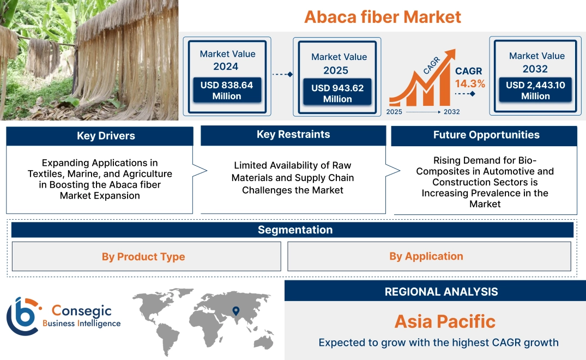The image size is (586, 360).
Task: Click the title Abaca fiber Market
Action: point(382,17)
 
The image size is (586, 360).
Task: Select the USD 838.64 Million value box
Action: point(226,91)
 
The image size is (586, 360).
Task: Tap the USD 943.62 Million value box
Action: point(337,93)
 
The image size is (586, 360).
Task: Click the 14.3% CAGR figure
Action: point(470,84)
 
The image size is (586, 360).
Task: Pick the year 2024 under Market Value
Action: point(226,67)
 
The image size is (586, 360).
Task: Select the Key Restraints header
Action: point(293,135)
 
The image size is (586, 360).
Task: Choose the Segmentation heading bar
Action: point(295,230)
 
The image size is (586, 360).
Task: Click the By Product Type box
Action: point(143,257)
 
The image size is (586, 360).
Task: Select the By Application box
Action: point(426,256)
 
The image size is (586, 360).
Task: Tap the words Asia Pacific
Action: point(445,321)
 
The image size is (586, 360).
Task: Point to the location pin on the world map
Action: point(235,311)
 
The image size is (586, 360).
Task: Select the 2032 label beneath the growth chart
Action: point(451,112)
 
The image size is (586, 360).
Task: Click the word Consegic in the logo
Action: point(81,311)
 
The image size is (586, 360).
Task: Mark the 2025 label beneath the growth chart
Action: point(395,112)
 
